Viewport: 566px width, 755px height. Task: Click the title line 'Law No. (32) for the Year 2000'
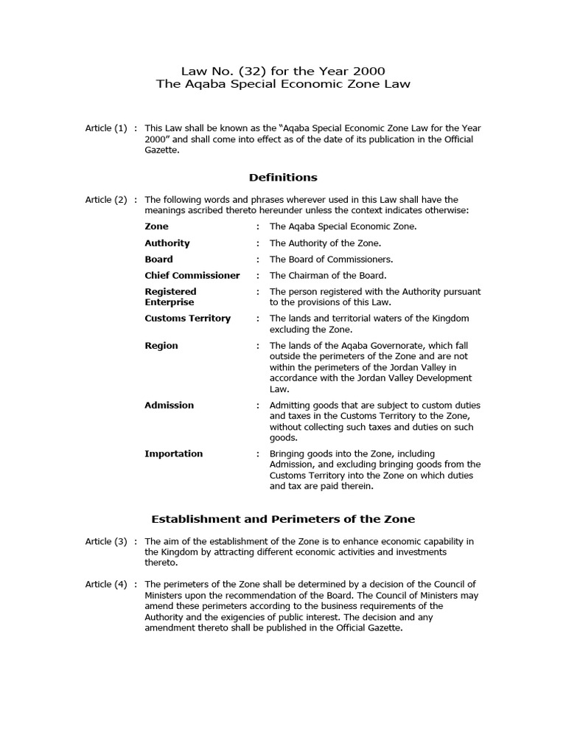tap(283, 71)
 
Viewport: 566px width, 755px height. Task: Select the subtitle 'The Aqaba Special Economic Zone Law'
tap(283, 84)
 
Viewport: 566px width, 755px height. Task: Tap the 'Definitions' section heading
tap(283, 177)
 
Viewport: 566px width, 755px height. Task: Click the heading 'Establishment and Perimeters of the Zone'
tap(283, 519)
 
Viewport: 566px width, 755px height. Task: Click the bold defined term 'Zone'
tap(156, 226)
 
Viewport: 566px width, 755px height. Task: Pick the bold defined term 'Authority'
tap(167, 243)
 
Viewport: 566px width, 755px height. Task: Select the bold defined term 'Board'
tap(158, 260)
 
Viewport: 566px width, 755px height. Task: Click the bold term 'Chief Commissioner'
tap(192, 276)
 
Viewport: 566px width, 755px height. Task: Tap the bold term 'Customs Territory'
tap(187, 319)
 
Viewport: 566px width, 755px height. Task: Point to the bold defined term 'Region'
tap(161, 346)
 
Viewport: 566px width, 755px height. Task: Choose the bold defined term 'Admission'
tap(170, 406)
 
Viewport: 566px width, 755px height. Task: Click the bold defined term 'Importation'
tap(174, 454)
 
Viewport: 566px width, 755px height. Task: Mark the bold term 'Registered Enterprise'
tap(170, 297)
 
